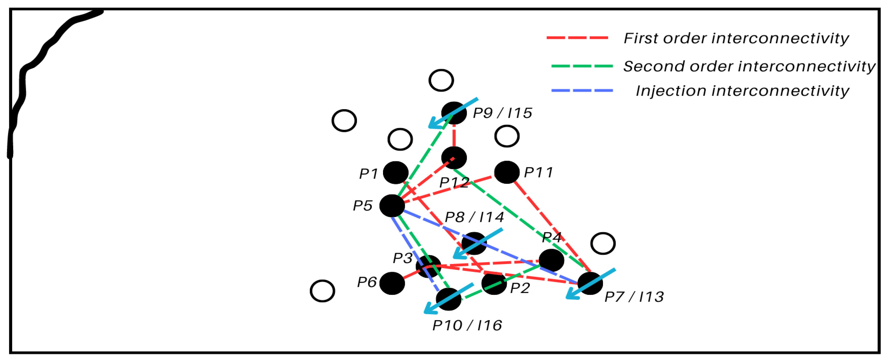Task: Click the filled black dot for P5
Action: click(x=392, y=206)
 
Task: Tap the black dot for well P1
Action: click(x=396, y=172)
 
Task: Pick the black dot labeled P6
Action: click(x=392, y=283)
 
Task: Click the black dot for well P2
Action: click(x=494, y=283)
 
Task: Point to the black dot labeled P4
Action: click(x=552, y=260)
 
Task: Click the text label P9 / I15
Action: click(x=502, y=113)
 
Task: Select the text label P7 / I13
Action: click(x=634, y=297)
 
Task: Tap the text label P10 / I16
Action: click(x=467, y=325)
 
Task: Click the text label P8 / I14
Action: click(x=474, y=217)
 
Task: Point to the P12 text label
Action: click(x=454, y=182)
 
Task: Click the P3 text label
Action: click(x=402, y=258)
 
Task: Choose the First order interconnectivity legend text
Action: click(x=736, y=38)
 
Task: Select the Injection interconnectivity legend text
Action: click(x=742, y=91)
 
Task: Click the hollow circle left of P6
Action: click(x=322, y=291)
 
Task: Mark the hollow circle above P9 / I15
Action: click(x=441, y=80)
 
